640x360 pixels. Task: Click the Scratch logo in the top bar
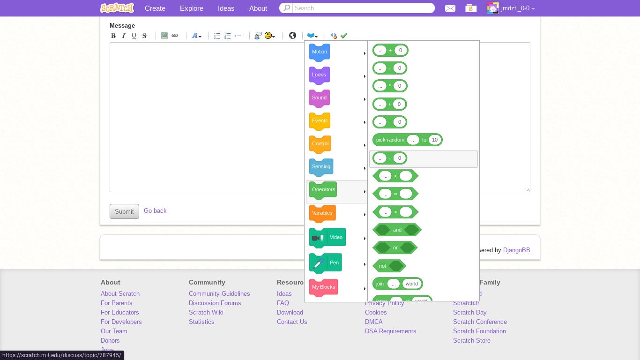click(117, 8)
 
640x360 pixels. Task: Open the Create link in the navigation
click(155, 8)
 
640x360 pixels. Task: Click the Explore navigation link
click(192, 8)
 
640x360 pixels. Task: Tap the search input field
click(363, 8)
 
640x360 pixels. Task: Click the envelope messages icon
click(450, 8)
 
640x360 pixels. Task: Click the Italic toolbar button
click(124, 36)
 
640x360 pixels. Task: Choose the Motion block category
click(320, 52)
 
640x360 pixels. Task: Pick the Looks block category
click(320, 75)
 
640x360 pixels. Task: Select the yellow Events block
click(320, 121)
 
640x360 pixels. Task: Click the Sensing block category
click(321, 167)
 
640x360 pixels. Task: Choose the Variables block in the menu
click(323, 214)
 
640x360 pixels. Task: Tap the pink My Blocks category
click(324, 287)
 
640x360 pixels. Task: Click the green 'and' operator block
click(397, 230)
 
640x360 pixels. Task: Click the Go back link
click(155, 211)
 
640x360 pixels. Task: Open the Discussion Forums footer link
click(215, 303)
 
